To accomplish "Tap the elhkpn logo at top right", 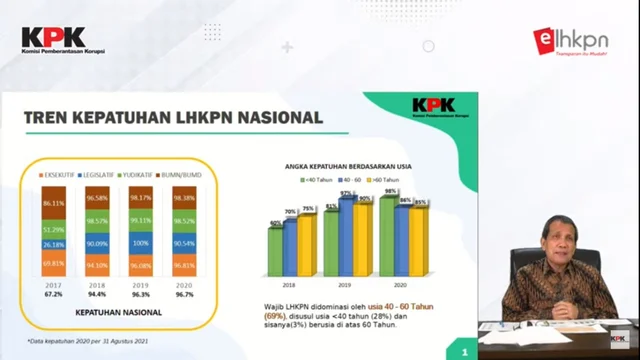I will point(570,41).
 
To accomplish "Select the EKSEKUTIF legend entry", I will point(63,176).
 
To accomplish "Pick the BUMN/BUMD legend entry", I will point(186,176).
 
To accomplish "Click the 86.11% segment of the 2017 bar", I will point(54,203).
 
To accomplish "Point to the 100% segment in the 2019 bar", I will point(141,243).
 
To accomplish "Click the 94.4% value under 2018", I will point(98,295).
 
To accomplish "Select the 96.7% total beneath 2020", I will point(184,295).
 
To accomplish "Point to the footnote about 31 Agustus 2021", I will point(90,342).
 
